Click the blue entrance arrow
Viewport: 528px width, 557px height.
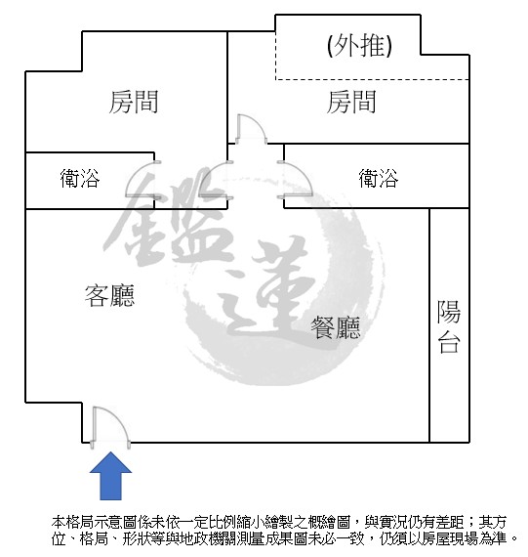pos(110,476)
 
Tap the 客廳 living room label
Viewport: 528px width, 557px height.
pos(109,295)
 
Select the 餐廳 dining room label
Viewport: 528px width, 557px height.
pos(336,327)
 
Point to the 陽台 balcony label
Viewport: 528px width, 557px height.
pos(449,326)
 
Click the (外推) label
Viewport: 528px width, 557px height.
pos(359,46)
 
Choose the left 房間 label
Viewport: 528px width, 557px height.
pos(133,102)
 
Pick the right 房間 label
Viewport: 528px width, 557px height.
pos(351,102)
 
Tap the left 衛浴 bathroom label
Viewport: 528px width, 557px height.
pos(80,178)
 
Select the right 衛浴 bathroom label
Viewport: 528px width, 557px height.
pos(379,178)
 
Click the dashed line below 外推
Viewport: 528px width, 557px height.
pos(372,79)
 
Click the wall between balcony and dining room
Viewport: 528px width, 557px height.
pos(429,325)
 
